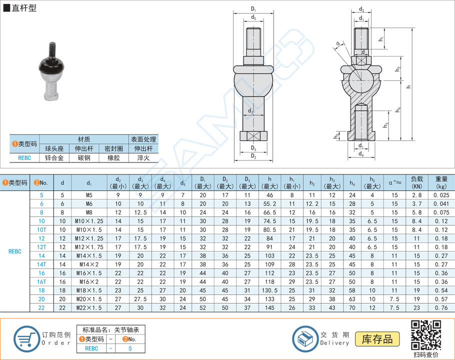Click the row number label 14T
pos(41,264)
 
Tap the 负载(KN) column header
pos(416,182)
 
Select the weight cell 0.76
pos(441,307)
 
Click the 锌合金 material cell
pos(54,158)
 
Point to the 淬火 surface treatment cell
pos(143,158)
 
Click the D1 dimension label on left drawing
pos(253,9)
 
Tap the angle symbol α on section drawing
pos(338,44)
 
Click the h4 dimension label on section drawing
pos(398,109)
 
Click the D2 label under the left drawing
pos(253,157)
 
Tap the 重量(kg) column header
pos(441,182)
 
